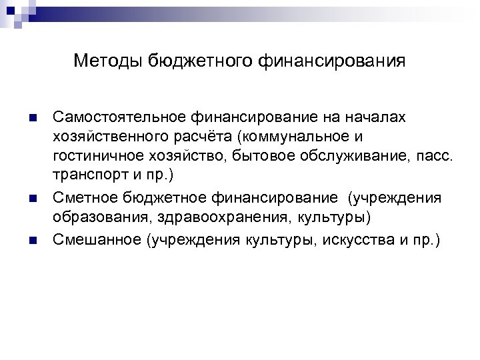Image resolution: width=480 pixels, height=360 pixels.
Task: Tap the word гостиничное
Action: click(93, 157)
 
